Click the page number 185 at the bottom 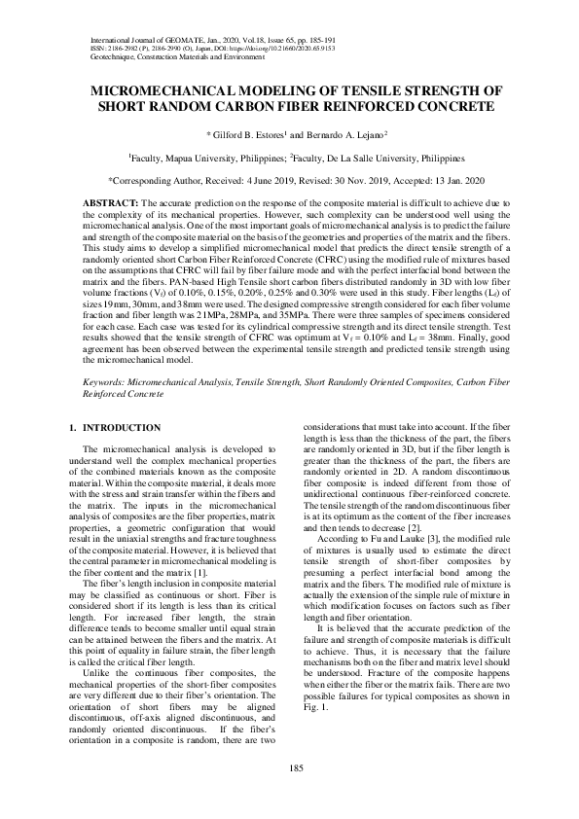coord(290,769)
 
